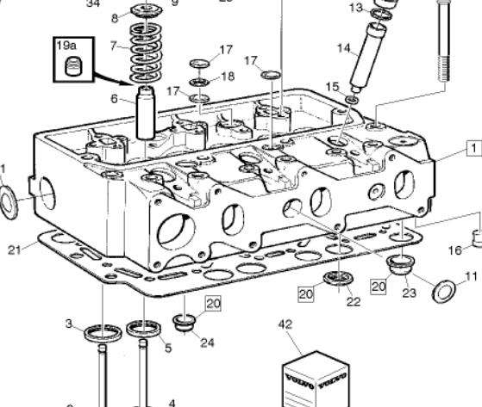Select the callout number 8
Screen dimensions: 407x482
[116, 18]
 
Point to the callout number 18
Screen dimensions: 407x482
[228, 77]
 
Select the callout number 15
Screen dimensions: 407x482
[333, 87]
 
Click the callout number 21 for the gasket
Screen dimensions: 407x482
[13, 250]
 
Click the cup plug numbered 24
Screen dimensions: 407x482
[185, 324]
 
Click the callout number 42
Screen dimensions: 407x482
[285, 324]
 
